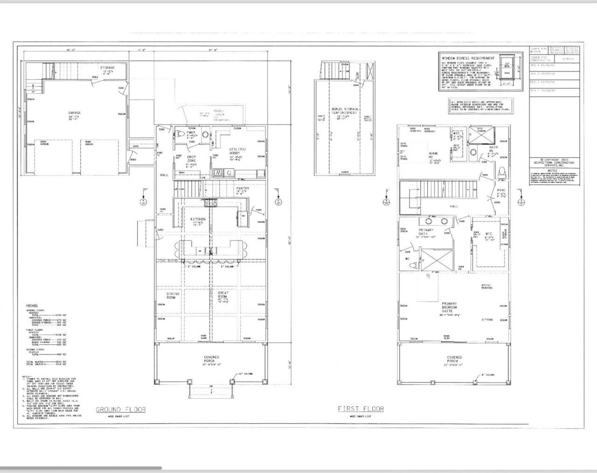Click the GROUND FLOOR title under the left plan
coord(121,410)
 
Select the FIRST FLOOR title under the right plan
coord(361,409)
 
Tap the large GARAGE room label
coord(74,112)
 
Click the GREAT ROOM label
coord(223,295)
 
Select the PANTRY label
coord(243,188)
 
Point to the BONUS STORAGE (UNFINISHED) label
coord(345,110)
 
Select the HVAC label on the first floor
coord(501,190)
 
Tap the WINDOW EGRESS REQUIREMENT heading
coord(468,58)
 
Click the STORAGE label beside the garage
coord(107,68)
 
